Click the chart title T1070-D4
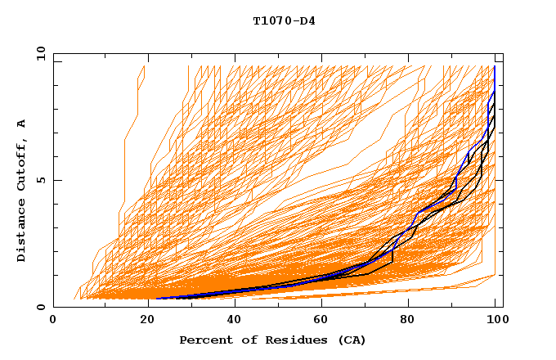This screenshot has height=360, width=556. tap(284, 20)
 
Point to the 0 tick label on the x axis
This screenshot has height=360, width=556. tap(53, 321)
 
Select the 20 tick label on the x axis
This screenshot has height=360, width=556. tap(142, 321)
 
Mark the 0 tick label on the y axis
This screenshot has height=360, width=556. tap(41, 307)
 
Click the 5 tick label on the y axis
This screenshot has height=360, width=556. tap(41, 180)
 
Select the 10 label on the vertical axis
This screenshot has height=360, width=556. tap(38, 53)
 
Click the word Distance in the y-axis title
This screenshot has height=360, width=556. tap(22, 230)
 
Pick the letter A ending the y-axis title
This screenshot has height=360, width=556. tap(22, 124)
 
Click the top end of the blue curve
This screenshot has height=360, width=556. tap(495, 67)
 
